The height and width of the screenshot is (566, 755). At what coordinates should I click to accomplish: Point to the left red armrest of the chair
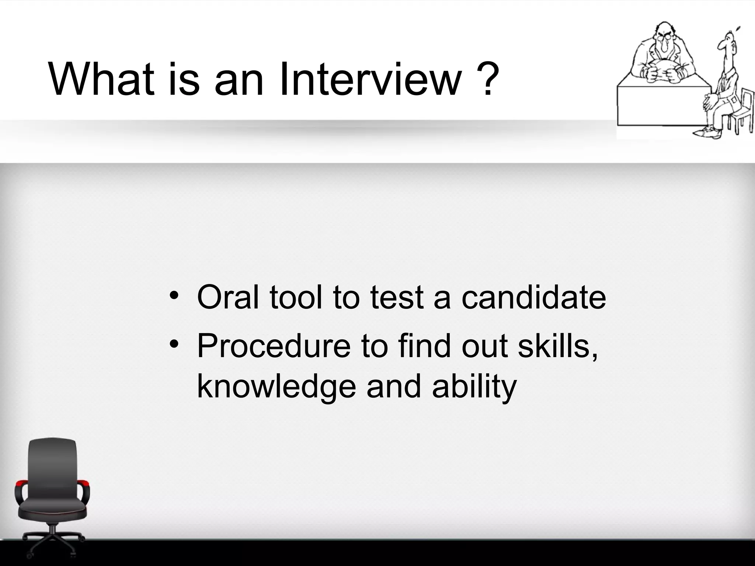pyautogui.click(x=21, y=483)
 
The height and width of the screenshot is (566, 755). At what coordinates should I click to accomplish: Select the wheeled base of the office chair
pyautogui.click(x=53, y=544)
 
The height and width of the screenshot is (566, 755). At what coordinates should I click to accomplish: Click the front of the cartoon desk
pyautogui.click(x=660, y=107)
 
